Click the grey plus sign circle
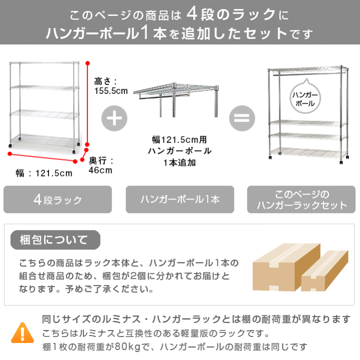click(x=114, y=118)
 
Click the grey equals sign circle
click(x=242, y=118)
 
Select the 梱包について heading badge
click(x=55, y=239)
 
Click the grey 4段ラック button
click(x=58, y=200)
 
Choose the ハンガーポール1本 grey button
click(x=180, y=200)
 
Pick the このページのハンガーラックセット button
click(x=301, y=200)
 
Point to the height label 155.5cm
click(x=111, y=86)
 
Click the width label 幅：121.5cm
click(x=44, y=173)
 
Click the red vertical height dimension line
click(x=88, y=105)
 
